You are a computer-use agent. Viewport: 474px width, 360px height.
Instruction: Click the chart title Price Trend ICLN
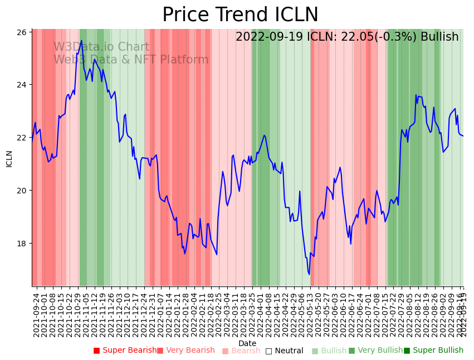pyautogui.click(x=240, y=15)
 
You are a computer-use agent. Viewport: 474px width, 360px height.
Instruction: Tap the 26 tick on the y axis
pyautogui.click(x=22, y=32)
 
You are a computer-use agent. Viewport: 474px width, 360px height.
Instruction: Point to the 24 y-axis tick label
pyautogui.click(x=22, y=85)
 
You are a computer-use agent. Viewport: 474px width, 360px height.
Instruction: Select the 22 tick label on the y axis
pyautogui.click(x=22, y=138)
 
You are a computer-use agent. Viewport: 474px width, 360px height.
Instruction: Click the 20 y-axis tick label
pyautogui.click(x=22, y=191)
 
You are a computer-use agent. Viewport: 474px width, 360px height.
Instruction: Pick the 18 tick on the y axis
pyautogui.click(x=22, y=244)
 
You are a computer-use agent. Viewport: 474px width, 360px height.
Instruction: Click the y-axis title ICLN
pyautogui.click(x=9, y=158)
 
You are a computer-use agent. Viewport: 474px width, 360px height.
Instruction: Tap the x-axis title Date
pyautogui.click(x=247, y=343)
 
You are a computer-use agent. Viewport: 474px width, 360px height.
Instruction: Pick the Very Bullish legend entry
pyautogui.click(x=375, y=351)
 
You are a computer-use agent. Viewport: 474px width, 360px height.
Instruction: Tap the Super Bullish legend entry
pyautogui.click(x=433, y=351)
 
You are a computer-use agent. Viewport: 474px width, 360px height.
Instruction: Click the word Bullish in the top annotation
pyautogui.click(x=439, y=37)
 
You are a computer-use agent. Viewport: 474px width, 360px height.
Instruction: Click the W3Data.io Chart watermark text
pyautogui.click(x=101, y=47)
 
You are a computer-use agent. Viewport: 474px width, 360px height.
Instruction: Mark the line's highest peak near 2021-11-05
pyautogui.click(x=81, y=40)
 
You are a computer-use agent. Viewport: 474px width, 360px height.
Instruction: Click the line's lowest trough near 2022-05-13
pyautogui.click(x=309, y=274)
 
